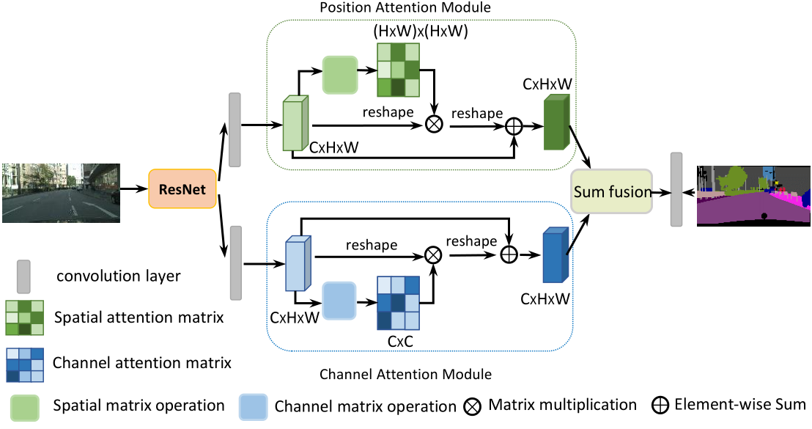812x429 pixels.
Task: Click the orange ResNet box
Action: tap(182, 190)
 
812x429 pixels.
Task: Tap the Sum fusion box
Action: tap(613, 192)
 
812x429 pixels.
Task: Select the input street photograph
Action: tap(61, 192)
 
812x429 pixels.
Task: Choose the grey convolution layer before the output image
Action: tap(676, 189)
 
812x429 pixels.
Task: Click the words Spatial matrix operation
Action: tap(139, 405)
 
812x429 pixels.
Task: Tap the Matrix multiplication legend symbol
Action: tap(473, 405)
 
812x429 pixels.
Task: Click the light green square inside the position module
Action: tap(340, 74)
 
